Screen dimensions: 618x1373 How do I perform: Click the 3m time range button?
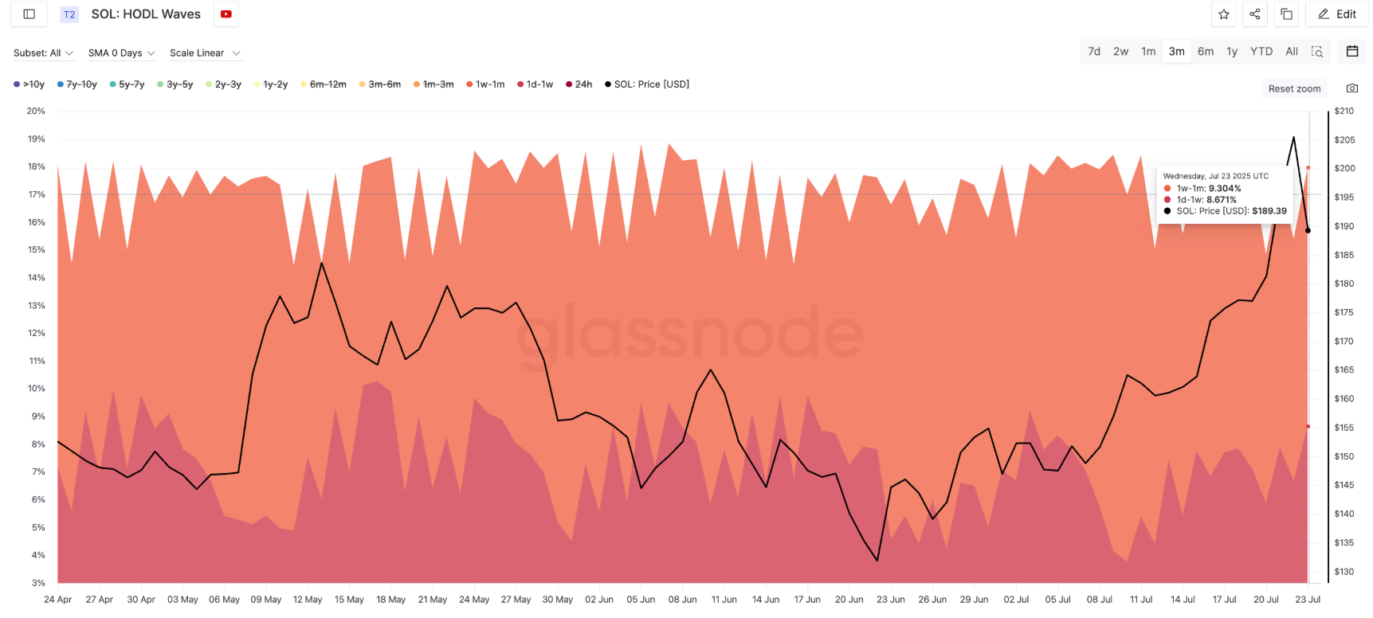coord(1176,52)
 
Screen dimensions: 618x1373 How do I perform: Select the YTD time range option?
coord(1261,52)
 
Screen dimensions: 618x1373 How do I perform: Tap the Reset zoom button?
coord(1294,89)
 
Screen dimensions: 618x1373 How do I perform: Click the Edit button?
coord(1337,14)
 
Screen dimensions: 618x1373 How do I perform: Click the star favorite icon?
coord(1224,14)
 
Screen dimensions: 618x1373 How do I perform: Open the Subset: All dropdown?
coord(43,53)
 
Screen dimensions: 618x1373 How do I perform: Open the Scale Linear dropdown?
coord(204,53)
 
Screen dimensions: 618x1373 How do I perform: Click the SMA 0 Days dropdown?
coord(121,53)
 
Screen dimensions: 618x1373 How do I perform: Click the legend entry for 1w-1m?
coord(486,84)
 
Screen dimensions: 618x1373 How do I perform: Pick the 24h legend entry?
coord(579,84)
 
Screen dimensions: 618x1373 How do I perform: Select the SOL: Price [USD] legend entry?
coord(647,84)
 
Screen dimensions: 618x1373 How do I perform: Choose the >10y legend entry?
coord(29,84)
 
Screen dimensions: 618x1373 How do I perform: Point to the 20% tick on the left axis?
coord(36,111)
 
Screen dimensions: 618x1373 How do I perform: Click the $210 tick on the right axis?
coord(1344,111)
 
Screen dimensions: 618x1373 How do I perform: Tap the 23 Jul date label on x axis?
coord(1308,600)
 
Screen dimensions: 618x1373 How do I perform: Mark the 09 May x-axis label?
coord(266,600)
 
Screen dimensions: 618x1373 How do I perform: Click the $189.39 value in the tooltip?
coord(1269,211)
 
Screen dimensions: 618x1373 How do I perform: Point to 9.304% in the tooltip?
coord(1225,189)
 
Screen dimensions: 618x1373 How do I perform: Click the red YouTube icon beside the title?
coord(226,14)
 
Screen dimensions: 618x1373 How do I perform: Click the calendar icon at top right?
coord(1352,52)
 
